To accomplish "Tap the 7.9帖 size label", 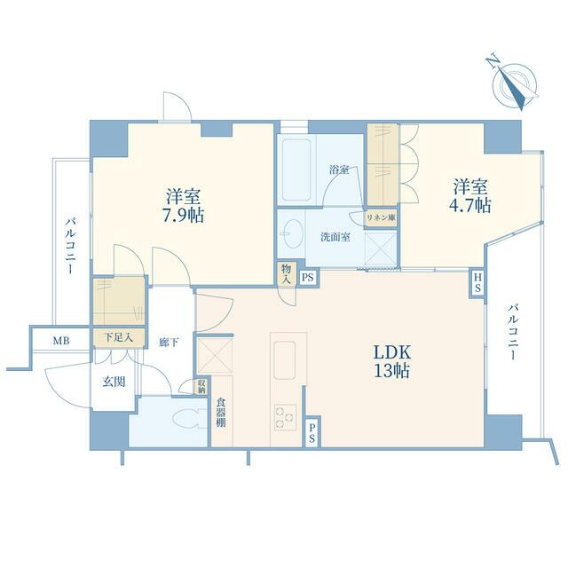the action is [x=183, y=216].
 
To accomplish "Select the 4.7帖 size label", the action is [x=470, y=206].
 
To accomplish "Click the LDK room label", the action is [x=392, y=351].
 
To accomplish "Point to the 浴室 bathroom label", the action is [x=339, y=170].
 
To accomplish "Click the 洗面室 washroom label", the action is [x=335, y=237].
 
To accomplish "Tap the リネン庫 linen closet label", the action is [x=381, y=218].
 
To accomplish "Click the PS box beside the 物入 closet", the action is [x=308, y=278].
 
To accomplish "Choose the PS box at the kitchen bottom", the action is [x=312, y=433].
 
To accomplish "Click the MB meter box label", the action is [x=61, y=341].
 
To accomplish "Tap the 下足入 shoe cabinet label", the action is [x=119, y=337].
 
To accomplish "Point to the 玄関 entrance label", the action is [x=114, y=382].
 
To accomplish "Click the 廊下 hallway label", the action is [x=170, y=342].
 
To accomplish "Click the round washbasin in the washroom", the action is [x=292, y=233].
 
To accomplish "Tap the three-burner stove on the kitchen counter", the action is [x=285, y=417].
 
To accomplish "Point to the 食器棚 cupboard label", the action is [x=221, y=412].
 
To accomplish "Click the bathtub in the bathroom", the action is [x=296, y=170].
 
